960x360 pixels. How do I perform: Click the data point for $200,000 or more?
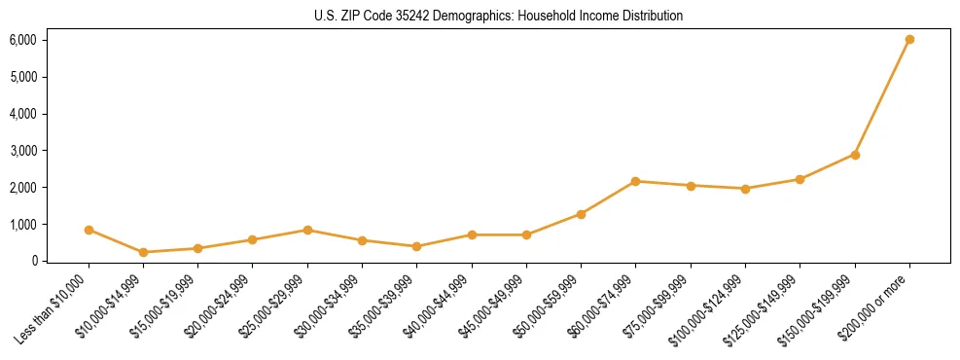coord(909,40)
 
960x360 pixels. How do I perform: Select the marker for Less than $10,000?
coord(89,231)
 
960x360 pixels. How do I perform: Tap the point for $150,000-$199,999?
coord(855,155)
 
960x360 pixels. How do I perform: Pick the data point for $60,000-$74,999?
coord(635,181)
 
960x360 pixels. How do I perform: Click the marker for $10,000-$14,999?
coord(143,252)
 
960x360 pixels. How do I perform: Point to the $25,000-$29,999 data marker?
coord(307,231)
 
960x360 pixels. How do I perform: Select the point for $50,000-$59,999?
coord(581,214)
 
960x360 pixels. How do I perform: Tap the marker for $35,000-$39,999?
coord(416,246)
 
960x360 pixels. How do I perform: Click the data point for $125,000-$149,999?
coord(800,179)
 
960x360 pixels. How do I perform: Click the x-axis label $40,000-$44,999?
coord(437,306)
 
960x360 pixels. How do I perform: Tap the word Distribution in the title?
coord(652,17)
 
